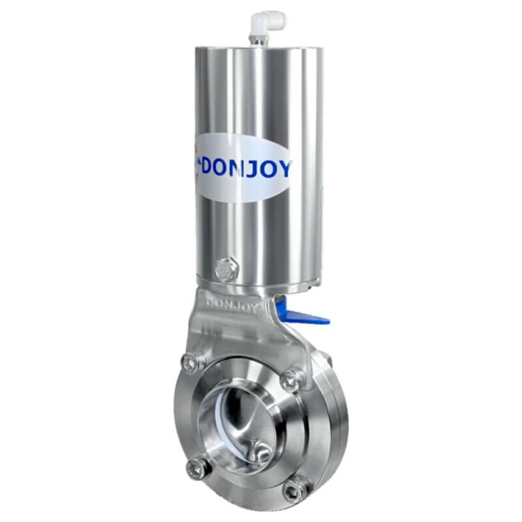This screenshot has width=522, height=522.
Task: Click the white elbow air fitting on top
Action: click(x=270, y=23)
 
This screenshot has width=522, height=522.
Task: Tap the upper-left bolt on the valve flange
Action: click(x=190, y=363)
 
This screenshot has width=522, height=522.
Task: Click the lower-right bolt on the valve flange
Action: click(x=293, y=490)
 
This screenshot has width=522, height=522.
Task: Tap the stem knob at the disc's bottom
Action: click(x=262, y=451)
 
